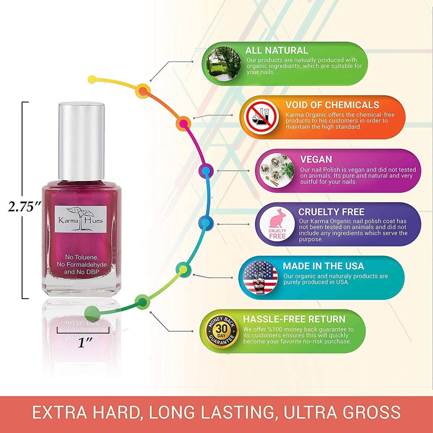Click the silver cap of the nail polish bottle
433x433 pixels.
[x=81, y=141]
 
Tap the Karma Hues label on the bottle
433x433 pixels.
[x=81, y=219]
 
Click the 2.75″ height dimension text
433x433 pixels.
[x=24, y=206]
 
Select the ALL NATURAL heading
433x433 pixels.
[x=276, y=50]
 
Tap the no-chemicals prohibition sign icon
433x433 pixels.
[x=261, y=117]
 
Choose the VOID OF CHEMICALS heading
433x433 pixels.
[x=332, y=105]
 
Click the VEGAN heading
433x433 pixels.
[x=316, y=159]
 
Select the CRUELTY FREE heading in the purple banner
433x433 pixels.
[x=331, y=212]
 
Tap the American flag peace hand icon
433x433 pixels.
[x=260, y=277]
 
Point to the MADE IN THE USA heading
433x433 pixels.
[x=323, y=266]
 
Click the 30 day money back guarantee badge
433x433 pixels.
[x=221, y=331]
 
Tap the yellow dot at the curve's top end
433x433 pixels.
[x=92, y=79]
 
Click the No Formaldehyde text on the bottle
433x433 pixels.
[x=82, y=265]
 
